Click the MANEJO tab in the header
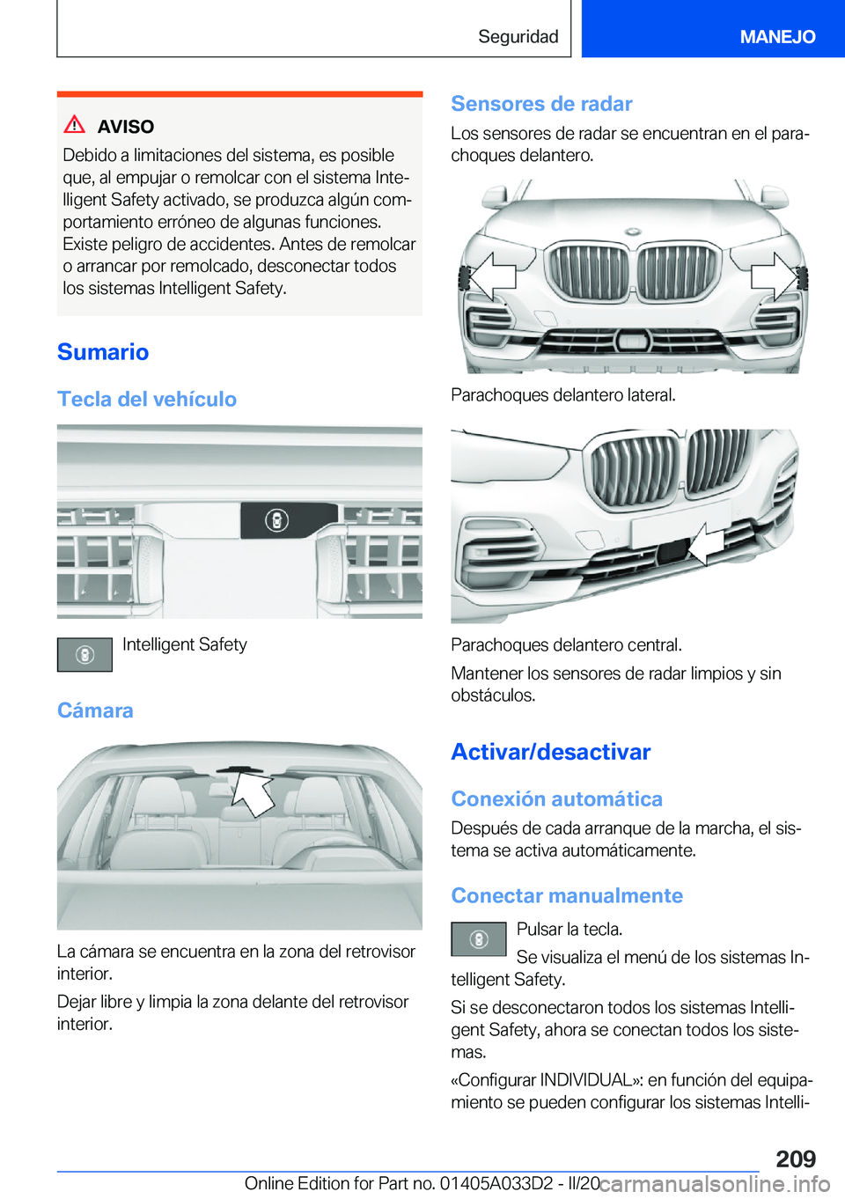777,36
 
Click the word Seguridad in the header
518,36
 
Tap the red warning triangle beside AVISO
75,125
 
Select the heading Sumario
103,352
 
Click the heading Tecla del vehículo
147,400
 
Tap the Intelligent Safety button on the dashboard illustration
276,520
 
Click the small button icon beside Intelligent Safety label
84,655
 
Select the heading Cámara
95,710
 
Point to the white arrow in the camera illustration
252,793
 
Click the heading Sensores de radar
541,104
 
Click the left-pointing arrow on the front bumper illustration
491,276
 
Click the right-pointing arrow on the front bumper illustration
774,276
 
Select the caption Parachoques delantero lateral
563,395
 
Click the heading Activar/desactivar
551,752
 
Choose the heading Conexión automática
556,799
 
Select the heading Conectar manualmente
567,896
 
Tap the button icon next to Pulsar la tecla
479,939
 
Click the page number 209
796,1159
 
